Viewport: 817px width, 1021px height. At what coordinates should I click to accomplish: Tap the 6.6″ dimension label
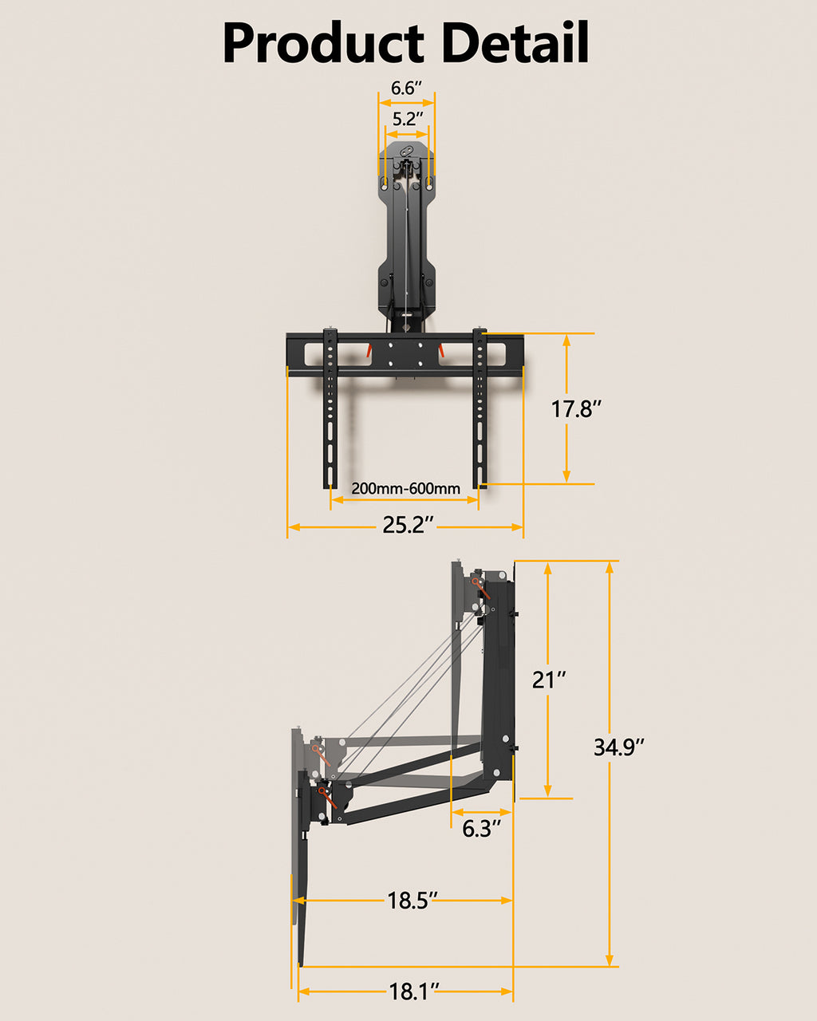click(x=407, y=88)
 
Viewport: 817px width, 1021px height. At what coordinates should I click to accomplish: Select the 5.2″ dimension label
click(x=407, y=120)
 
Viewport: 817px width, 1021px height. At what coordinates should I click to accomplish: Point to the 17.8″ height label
click(x=576, y=409)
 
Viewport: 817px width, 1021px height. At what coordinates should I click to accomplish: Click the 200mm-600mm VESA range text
click(x=405, y=488)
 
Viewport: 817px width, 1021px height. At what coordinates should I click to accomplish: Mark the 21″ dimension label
click(x=549, y=680)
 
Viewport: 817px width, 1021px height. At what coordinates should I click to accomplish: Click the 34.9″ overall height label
click(x=618, y=747)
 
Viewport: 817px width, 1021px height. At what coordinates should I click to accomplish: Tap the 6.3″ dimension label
click(x=481, y=829)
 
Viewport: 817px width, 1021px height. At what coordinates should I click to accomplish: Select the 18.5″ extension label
click(x=412, y=901)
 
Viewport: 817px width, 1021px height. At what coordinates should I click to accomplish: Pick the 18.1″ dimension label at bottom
click(x=414, y=992)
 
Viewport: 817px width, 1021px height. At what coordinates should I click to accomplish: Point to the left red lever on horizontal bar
click(x=369, y=349)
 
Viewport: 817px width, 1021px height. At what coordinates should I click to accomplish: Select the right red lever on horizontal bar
click(x=440, y=349)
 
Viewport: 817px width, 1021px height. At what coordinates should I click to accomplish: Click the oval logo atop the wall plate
click(x=407, y=152)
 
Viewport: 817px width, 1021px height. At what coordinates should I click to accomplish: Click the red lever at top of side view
click(x=481, y=589)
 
